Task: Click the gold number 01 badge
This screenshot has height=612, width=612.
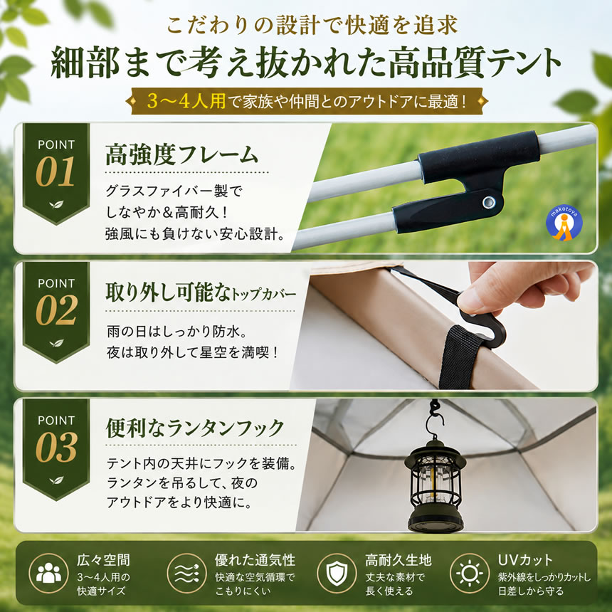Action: [x=56, y=172]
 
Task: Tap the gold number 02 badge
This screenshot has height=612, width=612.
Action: [x=56, y=310]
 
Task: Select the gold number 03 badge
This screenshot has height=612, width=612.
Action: [x=56, y=448]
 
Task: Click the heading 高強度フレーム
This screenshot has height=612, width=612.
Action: [x=182, y=154]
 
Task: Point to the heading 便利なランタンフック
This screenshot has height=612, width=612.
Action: [x=195, y=428]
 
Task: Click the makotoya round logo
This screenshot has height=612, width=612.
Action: [x=564, y=223]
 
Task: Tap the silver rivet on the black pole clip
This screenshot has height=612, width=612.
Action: [x=489, y=202]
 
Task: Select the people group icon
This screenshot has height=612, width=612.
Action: [x=48, y=573]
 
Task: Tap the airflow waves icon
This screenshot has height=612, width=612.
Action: [x=186, y=573]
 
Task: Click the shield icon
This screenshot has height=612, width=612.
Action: [x=337, y=574]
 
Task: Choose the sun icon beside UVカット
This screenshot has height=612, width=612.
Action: [x=470, y=574]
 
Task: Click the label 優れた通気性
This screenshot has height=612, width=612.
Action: [x=255, y=560]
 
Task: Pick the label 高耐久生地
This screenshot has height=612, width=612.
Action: [x=398, y=560]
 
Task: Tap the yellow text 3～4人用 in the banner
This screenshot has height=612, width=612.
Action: [x=186, y=101]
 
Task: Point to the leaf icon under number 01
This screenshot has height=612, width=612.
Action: [x=56, y=204]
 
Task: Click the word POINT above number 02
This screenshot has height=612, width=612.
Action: [x=56, y=283]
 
